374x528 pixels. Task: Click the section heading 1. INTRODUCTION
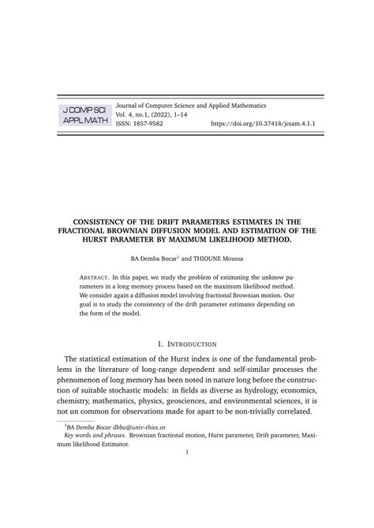[186, 344]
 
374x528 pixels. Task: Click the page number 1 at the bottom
[186, 474]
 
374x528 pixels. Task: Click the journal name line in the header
[190, 106]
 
